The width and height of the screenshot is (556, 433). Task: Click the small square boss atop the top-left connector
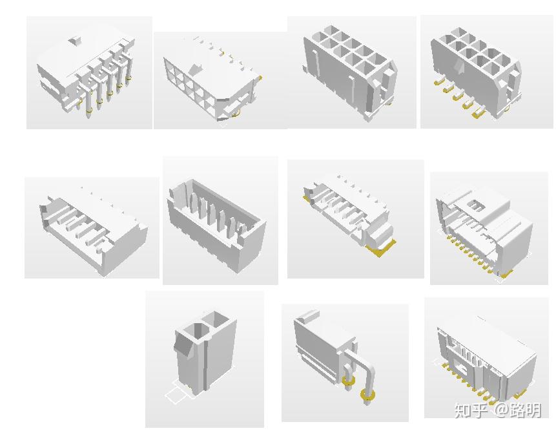pos(75,40)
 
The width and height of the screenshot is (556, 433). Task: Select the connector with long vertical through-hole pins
pos(86,70)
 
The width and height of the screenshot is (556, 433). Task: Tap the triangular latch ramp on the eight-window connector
pos(196,69)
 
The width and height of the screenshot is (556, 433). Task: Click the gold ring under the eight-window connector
pos(235,113)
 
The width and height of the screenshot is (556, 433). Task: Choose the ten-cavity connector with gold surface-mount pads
pos(476,72)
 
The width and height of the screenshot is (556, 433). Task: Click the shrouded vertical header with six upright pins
pos(216,223)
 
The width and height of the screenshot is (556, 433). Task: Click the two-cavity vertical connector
pos(205,352)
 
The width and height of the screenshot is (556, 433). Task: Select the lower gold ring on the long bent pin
pos(368,395)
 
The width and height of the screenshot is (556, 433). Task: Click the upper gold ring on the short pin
pos(348,381)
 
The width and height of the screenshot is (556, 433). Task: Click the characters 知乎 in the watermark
pos(471,410)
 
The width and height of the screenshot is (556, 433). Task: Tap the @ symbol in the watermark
pos(500,410)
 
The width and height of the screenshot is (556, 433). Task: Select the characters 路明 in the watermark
pos(526,410)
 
